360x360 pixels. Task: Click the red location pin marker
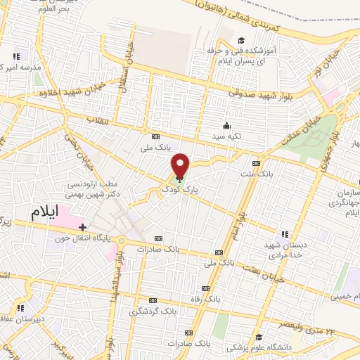[181, 165]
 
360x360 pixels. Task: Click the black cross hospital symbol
[83, 227]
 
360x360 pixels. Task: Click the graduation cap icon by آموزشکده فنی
[241, 40]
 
